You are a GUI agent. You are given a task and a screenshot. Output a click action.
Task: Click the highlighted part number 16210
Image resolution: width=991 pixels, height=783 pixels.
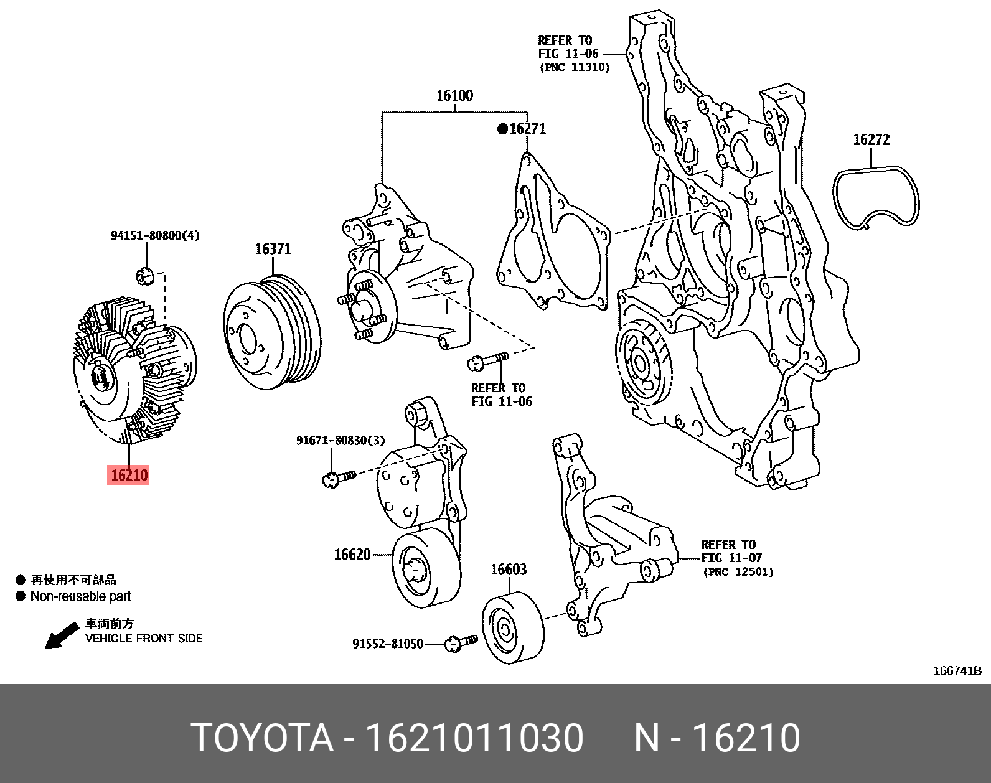point(128,475)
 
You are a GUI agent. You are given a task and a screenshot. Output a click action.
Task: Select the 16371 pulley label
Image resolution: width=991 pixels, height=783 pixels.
point(273,249)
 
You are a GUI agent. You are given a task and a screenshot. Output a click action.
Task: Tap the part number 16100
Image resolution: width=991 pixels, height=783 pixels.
point(454,95)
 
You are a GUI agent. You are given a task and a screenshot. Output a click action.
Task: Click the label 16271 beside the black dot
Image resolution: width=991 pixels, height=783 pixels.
point(527,129)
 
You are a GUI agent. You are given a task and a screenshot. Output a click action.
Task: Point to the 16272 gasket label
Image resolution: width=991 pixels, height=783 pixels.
point(871,140)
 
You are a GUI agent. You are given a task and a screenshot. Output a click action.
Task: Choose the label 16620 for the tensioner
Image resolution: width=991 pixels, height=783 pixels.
point(352,554)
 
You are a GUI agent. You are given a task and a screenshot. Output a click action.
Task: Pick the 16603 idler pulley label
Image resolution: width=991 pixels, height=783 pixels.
point(508,570)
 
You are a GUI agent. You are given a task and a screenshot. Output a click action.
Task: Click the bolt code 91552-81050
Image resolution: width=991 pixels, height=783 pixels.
point(388,644)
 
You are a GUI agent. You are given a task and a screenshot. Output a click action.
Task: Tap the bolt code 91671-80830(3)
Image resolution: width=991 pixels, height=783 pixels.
point(341,441)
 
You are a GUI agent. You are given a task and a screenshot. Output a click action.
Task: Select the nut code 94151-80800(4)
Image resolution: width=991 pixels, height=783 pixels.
point(155,236)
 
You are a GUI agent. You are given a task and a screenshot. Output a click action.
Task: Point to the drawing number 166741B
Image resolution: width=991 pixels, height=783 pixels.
point(957,670)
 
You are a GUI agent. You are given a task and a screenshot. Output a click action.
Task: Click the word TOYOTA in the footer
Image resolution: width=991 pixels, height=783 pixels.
point(261,738)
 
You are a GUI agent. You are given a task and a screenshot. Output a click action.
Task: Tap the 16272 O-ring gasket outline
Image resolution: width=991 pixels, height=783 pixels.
point(876,197)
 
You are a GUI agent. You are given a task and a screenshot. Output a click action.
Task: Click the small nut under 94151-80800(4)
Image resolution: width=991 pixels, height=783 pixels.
point(144,274)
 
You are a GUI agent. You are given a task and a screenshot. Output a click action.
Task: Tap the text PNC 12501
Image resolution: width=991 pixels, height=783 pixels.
point(738,571)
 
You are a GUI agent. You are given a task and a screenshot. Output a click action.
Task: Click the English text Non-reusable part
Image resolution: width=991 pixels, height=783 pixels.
point(81,596)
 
